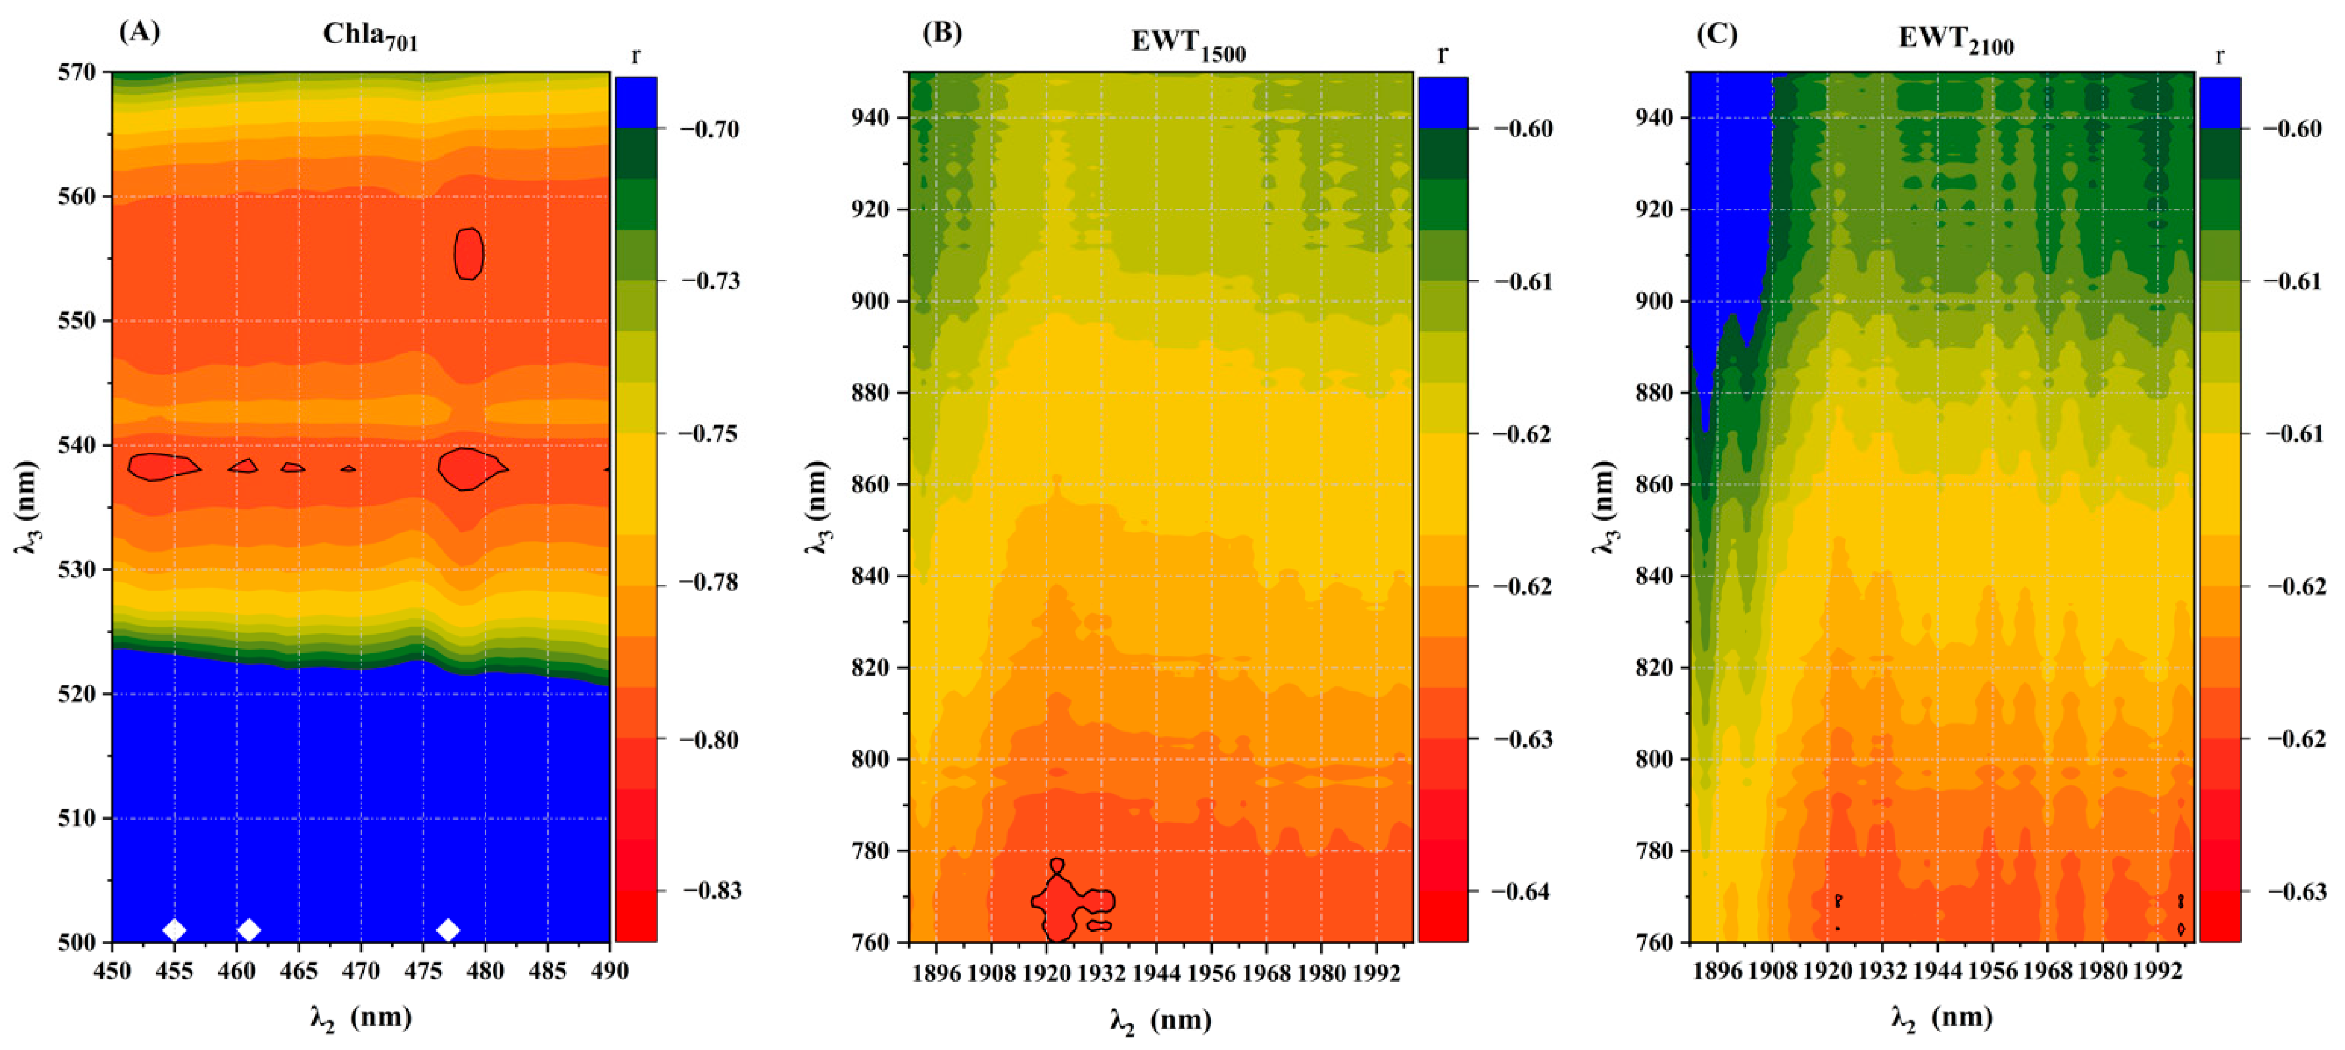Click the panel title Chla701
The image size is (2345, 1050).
coord(370,36)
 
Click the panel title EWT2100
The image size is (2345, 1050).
coord(1955,40)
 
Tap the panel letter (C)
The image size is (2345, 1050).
coord(1717,34)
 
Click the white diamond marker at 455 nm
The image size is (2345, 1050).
coord(174,930)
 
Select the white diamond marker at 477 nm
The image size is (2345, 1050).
coord(448,930)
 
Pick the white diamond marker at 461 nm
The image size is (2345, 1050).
coord(249,930)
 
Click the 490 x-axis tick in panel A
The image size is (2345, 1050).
coord(609,972)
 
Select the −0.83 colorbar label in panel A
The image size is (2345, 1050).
coord(712,890)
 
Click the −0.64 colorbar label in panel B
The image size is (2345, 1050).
coord(1522,891)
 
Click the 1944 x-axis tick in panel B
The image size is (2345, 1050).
coord(1156,973)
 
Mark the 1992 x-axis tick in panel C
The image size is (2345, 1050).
coord(2158,972)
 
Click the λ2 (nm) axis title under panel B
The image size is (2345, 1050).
coord(1161,1020)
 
